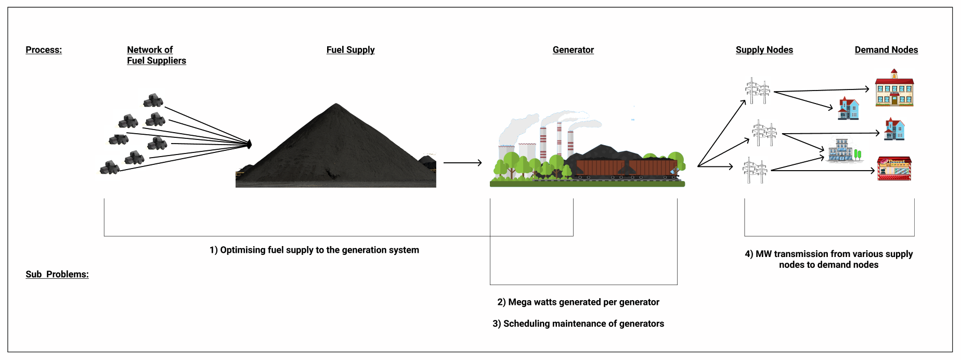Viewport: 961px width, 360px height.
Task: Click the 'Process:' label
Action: pyautogui.click(x=44, y=50)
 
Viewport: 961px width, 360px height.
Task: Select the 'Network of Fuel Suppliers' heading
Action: pyautogui.click(x=156, y=55)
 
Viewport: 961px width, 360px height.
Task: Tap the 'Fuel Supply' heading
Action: pyautogui.click(x=350, y=50)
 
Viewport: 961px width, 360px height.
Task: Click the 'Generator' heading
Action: pyautogui.click(x=573, y=50)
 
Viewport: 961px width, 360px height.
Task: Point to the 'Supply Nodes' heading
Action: pyautogui.click(x=764, y=50)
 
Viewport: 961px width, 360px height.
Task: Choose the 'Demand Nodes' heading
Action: pyautogui.click(x=886, y=50)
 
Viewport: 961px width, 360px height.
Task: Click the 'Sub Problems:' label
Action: pyautogui.click(x=57, y=274)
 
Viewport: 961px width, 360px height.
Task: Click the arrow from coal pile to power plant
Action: pyautogui.click(x=462, y=163)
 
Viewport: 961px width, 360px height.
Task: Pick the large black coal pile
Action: pyautogui.click(x=336, y=151)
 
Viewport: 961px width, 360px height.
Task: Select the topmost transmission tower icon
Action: pyautogui.click(x=757, y=91)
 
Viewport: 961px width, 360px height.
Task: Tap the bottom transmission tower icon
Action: pyautogui.click(x=755, y=170)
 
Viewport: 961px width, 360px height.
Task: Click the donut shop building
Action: pyautogui.click(x=894, y=169)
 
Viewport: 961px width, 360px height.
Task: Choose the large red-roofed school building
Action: pyautogui.click(x=894, y=89)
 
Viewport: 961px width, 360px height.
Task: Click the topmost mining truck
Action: pyautogui.click(x=153, y=100)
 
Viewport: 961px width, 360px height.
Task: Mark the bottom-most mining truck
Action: pyautogui.click(x=110, y=168)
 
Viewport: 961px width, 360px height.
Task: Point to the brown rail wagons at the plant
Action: pyautogui.click(x=626, y=168)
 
